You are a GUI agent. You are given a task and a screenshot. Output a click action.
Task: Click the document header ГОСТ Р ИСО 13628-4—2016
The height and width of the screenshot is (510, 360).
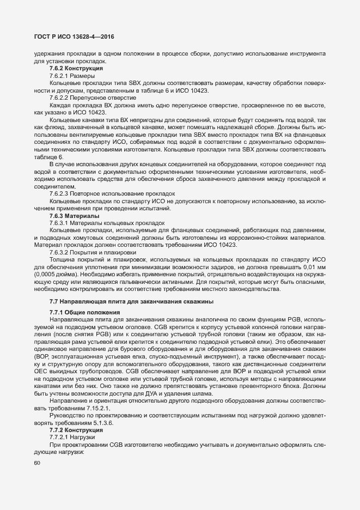(x=70, y=37)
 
